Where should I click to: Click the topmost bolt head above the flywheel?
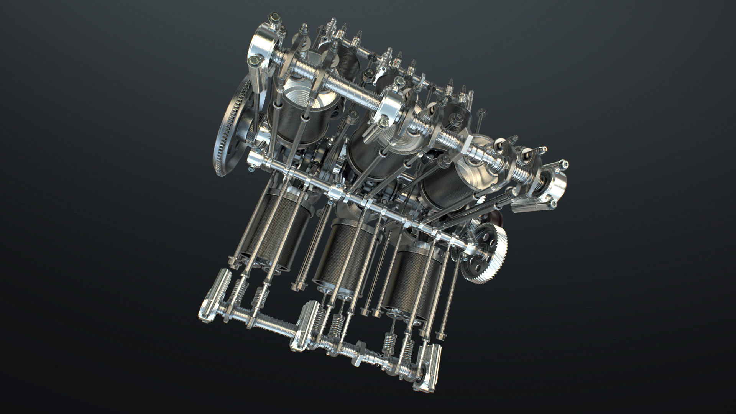[274, 17]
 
